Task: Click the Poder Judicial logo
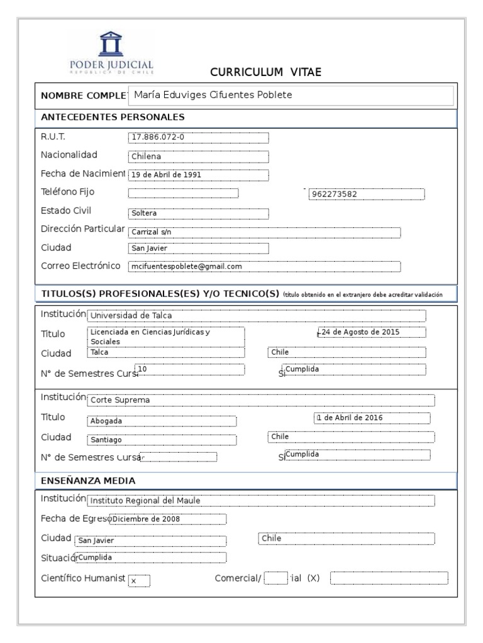coord(111,53)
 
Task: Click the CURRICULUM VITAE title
coord(265,72)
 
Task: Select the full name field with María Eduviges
coord(290,95)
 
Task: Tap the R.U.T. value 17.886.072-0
coord(198,138)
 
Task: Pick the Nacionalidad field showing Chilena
coord(198,156)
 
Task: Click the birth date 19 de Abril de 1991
coord(198,175)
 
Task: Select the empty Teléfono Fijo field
coord(183,193)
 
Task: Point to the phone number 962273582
coord(366,194)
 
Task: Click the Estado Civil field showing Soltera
coord(198,212)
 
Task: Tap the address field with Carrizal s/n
coord(264,232)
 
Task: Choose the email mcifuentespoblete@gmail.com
coord(264,266)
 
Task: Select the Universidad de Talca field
coord(256,315)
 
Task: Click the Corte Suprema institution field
coord(260,400)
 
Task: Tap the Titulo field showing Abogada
coord(161,421)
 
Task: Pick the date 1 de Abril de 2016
coord(371,418)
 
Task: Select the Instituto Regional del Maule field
coord(260,500)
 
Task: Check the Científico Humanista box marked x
coord(139,581)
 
